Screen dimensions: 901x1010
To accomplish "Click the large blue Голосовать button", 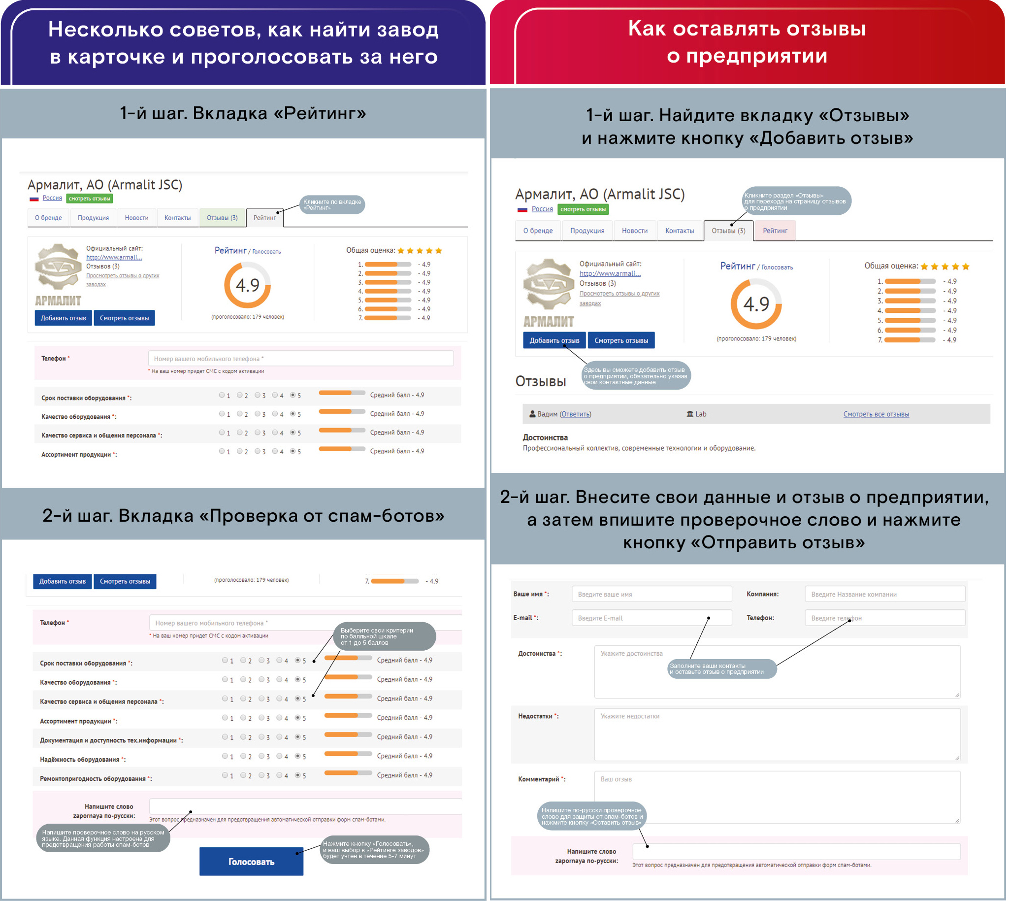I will tap(251, 862).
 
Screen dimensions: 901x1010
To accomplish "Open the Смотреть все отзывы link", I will tap(877, 414).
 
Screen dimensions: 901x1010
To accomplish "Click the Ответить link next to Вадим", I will tap(576, 414).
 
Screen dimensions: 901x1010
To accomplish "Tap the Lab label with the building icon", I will tap(697, 414).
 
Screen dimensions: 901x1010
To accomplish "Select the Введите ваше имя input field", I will tap(651, 594).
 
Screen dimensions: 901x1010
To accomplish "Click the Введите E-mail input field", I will tap(651, 618).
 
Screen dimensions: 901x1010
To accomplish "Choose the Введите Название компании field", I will tap(885, 594).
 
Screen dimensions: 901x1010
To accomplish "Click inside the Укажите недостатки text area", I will tap(777, 734).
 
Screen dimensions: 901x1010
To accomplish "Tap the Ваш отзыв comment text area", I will tap(777, 797).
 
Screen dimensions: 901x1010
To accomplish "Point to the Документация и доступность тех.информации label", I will tap(110, 740).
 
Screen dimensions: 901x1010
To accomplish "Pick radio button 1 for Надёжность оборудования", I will tap(225, 756).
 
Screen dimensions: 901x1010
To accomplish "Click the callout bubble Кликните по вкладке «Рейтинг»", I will tap(332, 204).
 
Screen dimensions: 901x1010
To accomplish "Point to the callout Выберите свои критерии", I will tap(385, 636).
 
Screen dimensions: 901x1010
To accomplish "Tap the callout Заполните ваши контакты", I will tap(721, 669).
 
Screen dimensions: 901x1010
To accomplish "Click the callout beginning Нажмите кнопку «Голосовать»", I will tap(375, 850).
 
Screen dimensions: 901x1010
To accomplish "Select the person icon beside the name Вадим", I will tap(532, 414).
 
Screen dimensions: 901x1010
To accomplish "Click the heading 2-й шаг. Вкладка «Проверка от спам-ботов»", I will tap(243, 516).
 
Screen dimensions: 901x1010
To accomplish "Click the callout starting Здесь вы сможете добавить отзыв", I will tap(636, 376).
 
